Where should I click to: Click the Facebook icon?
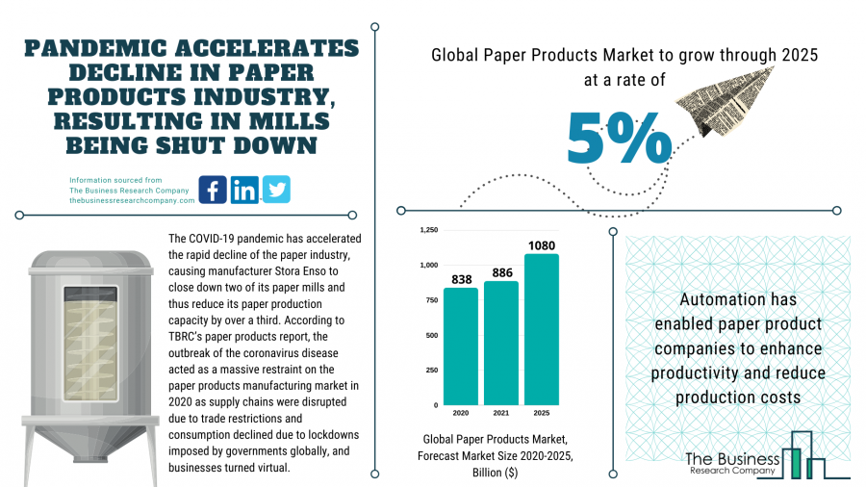tap(213, 190)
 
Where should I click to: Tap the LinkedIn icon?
tap(244, 190)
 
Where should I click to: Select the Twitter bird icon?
tap(276, 190)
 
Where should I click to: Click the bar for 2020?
tap(460, 346)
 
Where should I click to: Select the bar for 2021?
tap(500, 343)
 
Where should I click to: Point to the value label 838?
tap(460, 279)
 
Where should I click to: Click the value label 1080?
tap(541, 244)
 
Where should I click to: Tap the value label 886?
tap(500, 272)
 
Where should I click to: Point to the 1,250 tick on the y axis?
tap(428, 230)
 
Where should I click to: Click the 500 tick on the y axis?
tap(431, 335)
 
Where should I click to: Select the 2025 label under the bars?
tap(541, 413)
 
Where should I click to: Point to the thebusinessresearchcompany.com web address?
tap(132, 199)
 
